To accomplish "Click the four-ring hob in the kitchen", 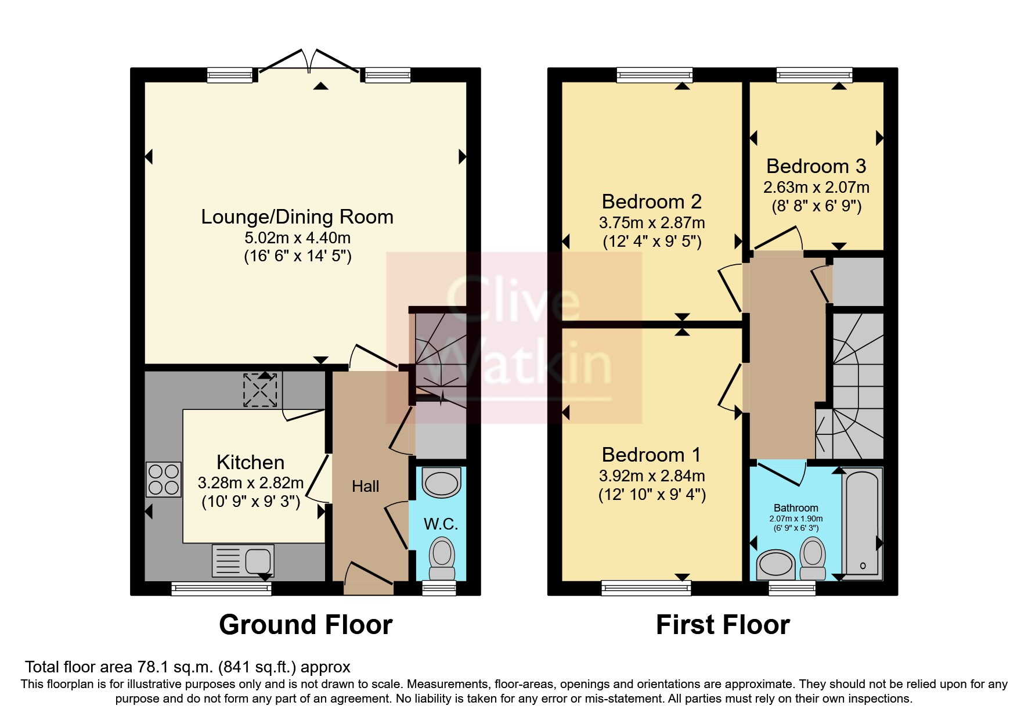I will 164,480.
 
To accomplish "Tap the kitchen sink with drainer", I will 243,561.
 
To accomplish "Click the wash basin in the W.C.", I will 442,483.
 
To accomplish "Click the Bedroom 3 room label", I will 816,167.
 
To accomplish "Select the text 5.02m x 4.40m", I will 297,237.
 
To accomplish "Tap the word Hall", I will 365,487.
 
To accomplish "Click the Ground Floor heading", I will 306,625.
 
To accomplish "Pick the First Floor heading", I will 723,625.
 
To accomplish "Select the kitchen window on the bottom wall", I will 222,589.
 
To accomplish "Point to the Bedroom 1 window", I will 646,588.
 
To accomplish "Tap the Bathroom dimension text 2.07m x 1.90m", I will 796,519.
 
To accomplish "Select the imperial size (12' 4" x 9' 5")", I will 652,242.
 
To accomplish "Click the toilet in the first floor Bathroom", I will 813,557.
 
